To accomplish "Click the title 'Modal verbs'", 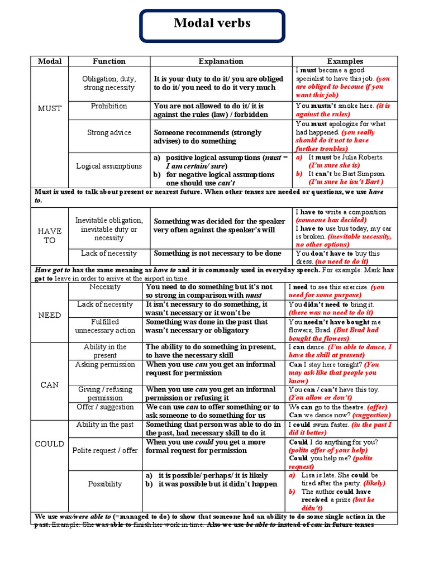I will click(212, 23).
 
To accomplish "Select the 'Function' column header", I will click(109, 61).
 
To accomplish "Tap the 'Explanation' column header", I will click(221, 61).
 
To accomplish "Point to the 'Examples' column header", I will click(345, 61).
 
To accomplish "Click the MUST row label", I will click(50, 108).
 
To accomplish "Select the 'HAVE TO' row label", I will click(50, 236).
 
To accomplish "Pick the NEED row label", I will click(50, 315).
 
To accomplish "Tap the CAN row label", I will click(50, 385).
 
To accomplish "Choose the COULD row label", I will click(50, 444).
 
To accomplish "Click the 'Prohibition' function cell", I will click(109, 106).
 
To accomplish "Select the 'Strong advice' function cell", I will click(109, 133).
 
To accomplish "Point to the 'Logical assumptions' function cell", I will click(109, 166).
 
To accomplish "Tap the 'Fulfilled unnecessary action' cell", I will click(105, 326).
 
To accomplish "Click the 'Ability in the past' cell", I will click(105, 425).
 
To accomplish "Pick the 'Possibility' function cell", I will click(105, 484).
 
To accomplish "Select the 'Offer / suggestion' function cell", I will click(105, 407).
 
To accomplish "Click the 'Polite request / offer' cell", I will click(105, 450).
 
